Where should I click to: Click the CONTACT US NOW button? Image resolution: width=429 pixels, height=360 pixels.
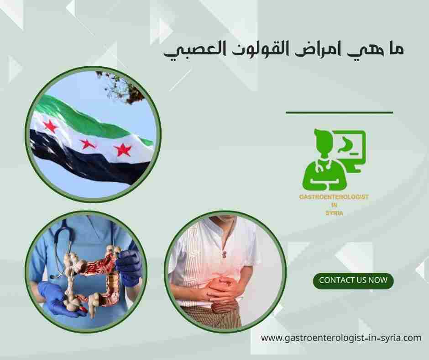point(353,280)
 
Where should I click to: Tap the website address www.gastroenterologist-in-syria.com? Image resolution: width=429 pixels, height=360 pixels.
point(341,338)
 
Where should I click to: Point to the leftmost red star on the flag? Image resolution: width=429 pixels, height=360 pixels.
point(51,126)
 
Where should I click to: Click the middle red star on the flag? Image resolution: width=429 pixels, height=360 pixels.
point(88,144)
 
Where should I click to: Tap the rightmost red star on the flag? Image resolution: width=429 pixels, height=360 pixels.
point(122,149)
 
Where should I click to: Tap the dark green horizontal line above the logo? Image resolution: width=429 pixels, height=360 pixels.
point(339,112)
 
